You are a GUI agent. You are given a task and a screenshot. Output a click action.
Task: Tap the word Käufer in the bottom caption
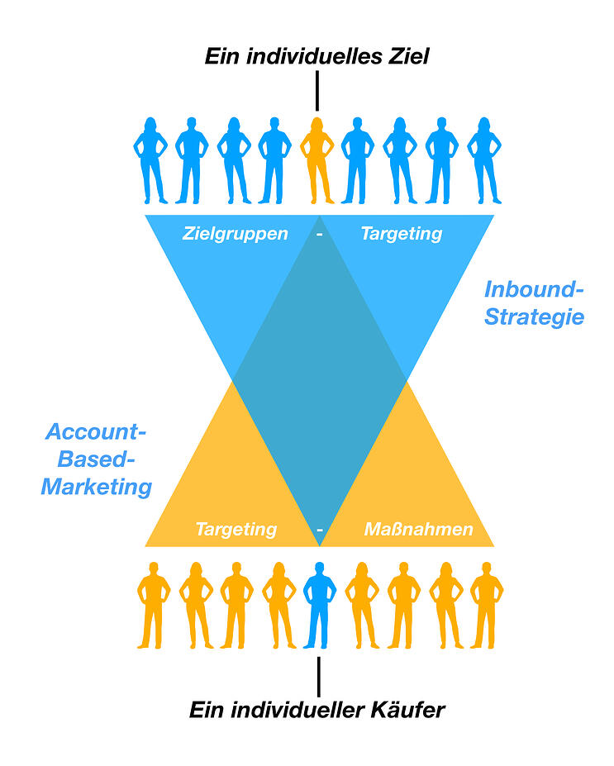click(409, 709)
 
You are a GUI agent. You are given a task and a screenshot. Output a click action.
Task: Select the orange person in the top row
click(317, 159)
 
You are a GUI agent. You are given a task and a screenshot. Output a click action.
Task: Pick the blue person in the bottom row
click(319, 604)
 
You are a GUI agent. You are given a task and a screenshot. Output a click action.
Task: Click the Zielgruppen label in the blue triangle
click(236, 233)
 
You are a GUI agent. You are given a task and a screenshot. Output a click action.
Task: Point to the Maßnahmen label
click(419, 529)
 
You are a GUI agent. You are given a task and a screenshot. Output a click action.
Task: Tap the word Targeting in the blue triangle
click(402, 233)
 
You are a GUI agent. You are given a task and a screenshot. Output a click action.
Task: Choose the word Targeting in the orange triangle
click(236, 529)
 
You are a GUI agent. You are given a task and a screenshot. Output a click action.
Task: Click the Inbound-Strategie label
click(534, 303)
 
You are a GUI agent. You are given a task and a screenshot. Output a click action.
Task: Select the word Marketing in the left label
click(97, 487)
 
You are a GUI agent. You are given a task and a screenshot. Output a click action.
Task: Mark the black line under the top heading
click(317, 92)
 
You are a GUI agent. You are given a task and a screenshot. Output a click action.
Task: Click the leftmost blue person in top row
click(150, 159)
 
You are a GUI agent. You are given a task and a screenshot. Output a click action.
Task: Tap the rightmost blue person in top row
click(484, 159)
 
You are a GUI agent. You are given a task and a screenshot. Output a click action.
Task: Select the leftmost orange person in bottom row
click(153, 604)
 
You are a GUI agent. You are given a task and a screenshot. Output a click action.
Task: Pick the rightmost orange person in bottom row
click(487, 604)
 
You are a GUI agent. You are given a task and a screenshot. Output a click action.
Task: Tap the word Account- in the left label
click(96, 432)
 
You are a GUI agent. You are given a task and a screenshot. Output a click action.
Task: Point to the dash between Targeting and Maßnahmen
click(320, 530)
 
